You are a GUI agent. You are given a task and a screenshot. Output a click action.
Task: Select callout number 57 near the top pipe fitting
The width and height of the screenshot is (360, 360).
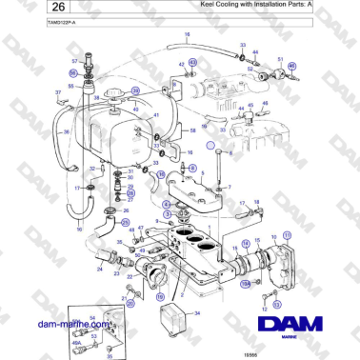point(74,61)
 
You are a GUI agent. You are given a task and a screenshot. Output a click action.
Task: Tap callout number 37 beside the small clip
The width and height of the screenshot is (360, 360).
point(59,92)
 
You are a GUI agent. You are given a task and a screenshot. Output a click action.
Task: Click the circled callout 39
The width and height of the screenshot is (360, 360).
point(134,91)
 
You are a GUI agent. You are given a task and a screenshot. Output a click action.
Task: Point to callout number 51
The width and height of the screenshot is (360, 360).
point(281,60)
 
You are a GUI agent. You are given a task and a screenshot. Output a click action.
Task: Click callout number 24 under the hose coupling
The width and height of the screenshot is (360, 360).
point(100,270)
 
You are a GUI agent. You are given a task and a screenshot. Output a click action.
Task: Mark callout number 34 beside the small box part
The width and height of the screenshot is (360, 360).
point(197,312)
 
